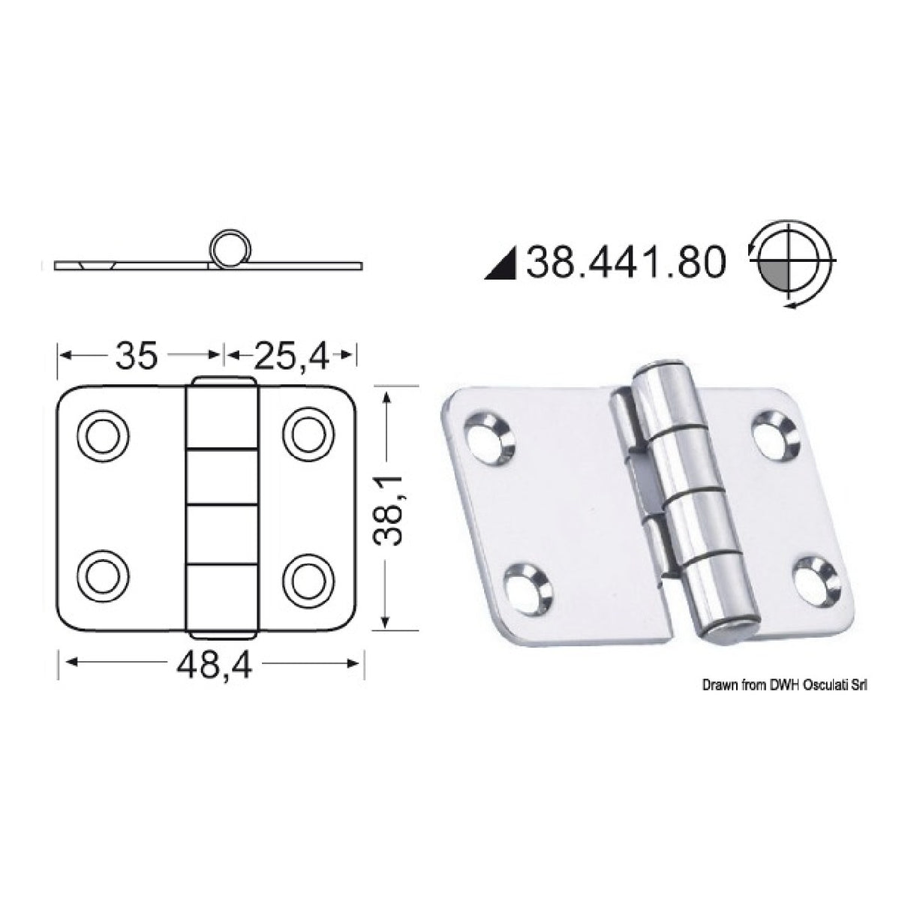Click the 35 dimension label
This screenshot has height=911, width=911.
click(137, 355)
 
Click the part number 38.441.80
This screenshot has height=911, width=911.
click(627, 263)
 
